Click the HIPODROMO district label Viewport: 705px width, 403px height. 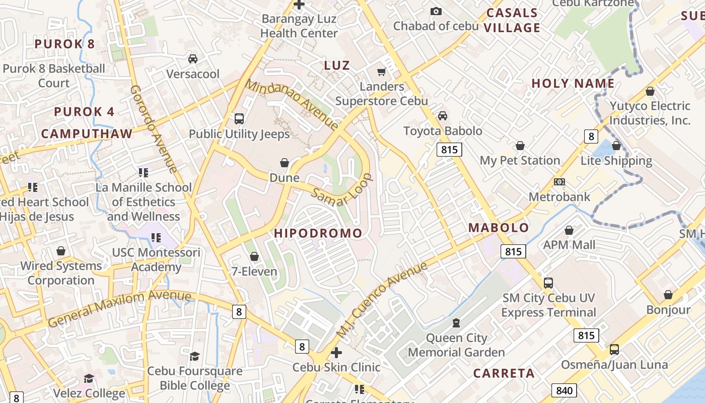point(318,233)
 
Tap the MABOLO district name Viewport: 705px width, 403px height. point(499,228)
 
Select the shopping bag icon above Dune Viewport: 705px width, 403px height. point(285,163)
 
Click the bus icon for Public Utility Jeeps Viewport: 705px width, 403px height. point(239,119)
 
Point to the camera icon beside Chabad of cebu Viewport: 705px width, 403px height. point(436,11)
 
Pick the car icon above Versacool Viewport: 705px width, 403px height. point(192,59)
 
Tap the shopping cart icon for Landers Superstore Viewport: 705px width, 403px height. point(381,72)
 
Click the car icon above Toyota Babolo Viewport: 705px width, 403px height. point(442,116)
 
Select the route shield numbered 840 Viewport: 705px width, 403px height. point(564,390)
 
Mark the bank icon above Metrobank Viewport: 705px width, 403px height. point(559,182)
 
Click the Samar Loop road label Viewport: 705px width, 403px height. point(342,190)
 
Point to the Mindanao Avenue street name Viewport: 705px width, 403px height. point(292,105)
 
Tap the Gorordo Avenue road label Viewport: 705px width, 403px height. point(153,128)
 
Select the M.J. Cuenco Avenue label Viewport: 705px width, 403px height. point(381,300)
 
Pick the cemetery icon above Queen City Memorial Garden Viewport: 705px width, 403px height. point(456,322)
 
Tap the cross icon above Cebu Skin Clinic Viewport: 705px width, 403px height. point(336,353)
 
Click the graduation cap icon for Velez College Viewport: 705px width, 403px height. point(89,378)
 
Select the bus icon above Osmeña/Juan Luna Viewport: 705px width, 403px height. point(614,350)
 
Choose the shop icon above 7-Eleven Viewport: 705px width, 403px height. point(254,257)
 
